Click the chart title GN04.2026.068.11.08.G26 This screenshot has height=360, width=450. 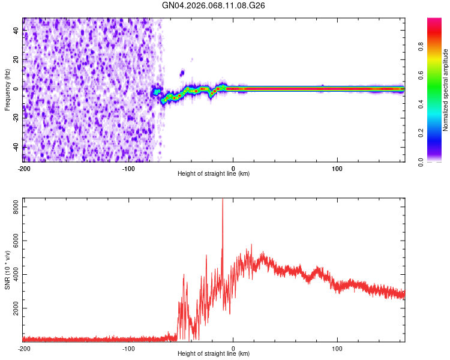pyautogui.click(x=214, y=5)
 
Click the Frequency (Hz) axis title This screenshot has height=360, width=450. pyautogui.click(x=7, y=90)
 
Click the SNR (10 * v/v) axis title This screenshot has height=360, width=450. pyautogui.click(x=7, y=270)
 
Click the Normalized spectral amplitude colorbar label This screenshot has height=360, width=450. pyautogui.click(x=446, y=90)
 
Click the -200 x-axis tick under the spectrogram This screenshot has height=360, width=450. pyautogui.click(x=24, y=167)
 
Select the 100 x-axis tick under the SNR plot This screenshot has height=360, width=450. pyautogui.click(x=337, y=348)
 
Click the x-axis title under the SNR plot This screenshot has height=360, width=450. pyautogui.click(x=214, y=355)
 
